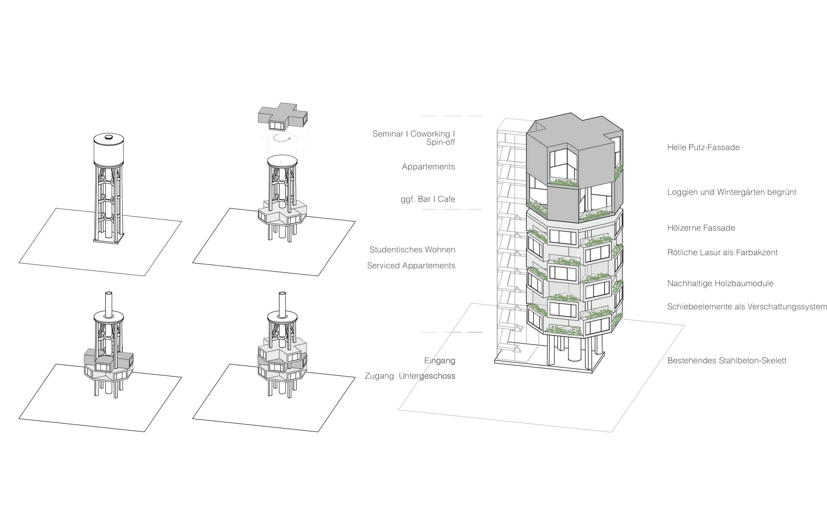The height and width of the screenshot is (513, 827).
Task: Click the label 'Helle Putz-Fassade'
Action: tap(703, 147)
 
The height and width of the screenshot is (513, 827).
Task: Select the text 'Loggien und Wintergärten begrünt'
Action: tap(731, 192)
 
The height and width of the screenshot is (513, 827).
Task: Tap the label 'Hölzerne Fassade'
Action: tap(701, 228)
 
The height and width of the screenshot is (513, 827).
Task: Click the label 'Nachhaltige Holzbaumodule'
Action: tap(720, 283)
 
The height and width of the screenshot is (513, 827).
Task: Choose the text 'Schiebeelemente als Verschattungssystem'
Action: tap(747, 307)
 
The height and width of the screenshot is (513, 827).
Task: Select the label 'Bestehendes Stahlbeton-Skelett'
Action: tap(726, 361)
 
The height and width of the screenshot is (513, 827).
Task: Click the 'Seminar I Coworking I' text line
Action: tap(413, 134)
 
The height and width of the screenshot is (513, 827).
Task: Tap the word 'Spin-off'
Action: tap(440, 142)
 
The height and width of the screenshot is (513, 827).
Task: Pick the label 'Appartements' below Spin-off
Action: tap(428, 167)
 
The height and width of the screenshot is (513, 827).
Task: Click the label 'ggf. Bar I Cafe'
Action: tap(427, 199)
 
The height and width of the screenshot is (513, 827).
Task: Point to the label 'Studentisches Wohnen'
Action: tap(412, 250)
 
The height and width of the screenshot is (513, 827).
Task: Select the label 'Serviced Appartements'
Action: tap(411, 266)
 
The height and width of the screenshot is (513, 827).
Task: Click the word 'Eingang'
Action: tap(439, 361)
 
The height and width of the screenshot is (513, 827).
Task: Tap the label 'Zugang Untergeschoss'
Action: tap(410, 376)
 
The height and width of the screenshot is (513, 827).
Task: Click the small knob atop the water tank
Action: tap(109, 137)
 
